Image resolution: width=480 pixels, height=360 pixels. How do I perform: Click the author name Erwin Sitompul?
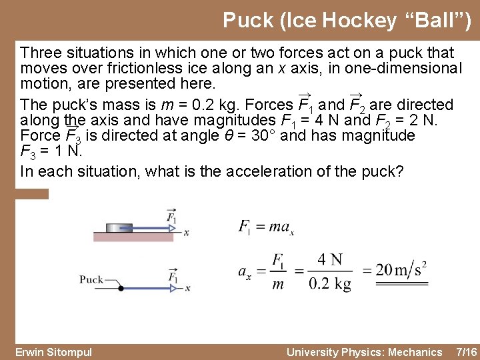pyautogui.click(x=53, y=352)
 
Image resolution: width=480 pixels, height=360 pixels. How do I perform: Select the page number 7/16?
pyautogui.click(x=465, y=352)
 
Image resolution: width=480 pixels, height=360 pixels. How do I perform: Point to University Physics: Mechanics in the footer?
pyautogui.click(x=364, y=352)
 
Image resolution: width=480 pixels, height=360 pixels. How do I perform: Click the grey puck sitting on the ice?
pyautogui.click(x=119, y=227)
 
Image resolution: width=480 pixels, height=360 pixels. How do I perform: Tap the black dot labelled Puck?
pyautogui.click(x=121, y=288)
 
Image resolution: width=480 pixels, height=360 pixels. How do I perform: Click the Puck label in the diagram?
pyautogui.click(x=91, y=279)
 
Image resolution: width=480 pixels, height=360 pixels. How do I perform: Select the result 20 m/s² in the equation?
pyautogui.click(x=394, y=269)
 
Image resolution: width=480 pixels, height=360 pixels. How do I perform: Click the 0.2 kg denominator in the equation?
pyautogui.click(x=330, y=284)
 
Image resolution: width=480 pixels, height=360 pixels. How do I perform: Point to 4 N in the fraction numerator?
pyautogui.click(x=330, y=259)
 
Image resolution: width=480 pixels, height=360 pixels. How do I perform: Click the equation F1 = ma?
pyautogui.click(x=266, y=227)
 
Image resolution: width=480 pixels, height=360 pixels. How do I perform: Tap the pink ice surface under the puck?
pyautogui.click(x=133, y=237)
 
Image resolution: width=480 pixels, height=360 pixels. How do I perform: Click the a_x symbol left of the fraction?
pyautogui.click(x=245, y=271)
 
